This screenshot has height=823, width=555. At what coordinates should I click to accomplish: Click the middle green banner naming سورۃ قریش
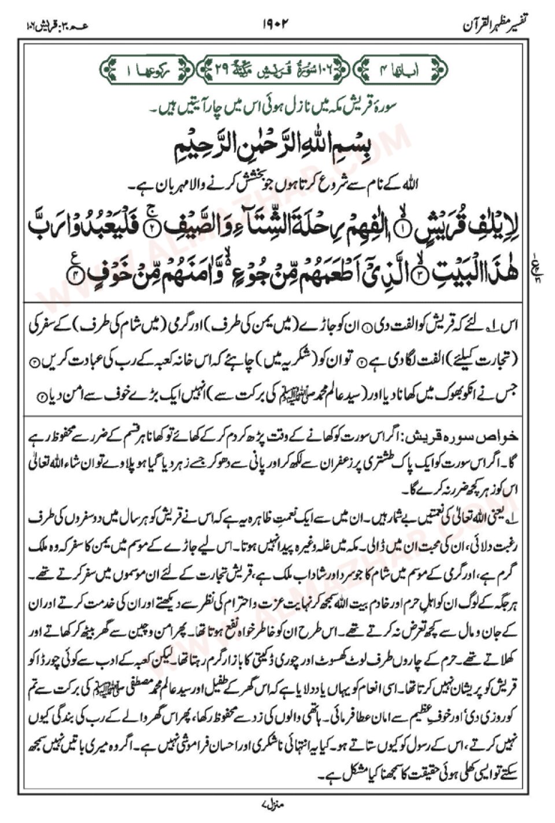click(x=276, y=71)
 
